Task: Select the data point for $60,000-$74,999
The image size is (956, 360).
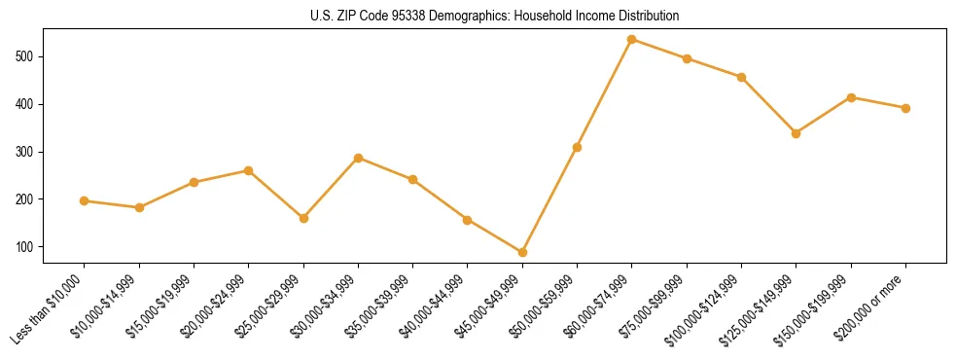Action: (x=632, y=39)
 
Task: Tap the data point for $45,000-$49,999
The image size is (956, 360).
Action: (x=522, y=252)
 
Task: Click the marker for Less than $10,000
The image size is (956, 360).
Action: (x=84, y=200)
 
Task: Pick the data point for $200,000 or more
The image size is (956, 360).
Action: (x=905, y=108)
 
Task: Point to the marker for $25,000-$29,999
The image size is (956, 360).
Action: (x=303, y=218)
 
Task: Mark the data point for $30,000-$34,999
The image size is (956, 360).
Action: (x=358, y=158)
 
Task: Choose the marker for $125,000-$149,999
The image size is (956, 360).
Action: (x=796, y=133)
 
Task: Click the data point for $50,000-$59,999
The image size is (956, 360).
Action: (x=577, y=147)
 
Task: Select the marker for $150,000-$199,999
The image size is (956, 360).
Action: (x=851, y=97)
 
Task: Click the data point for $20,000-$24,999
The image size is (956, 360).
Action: (x=248, y=170)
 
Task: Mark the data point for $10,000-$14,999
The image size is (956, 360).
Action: (x=139, y=207)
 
